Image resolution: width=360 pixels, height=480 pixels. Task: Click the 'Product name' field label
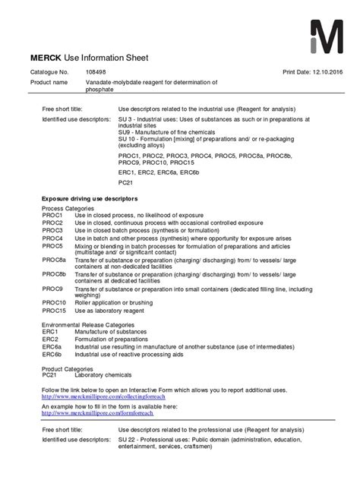pyautogui.click(x=49, y=82)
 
